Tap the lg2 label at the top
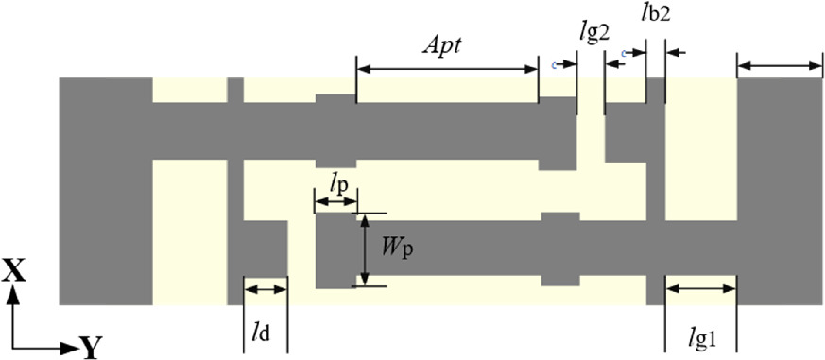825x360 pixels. pyautogui.click(x=594, y=32)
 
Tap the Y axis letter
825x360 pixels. pyautogui.click(x=90, y=349)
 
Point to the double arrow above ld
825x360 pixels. pyautogui.click(x=265, y=290)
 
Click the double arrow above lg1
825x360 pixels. pyautogui.click(x=701, y=289)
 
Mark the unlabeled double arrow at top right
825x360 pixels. pyautogui.click(x=780, y=65)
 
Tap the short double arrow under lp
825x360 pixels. pyautogui.click(x=335, y=200)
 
